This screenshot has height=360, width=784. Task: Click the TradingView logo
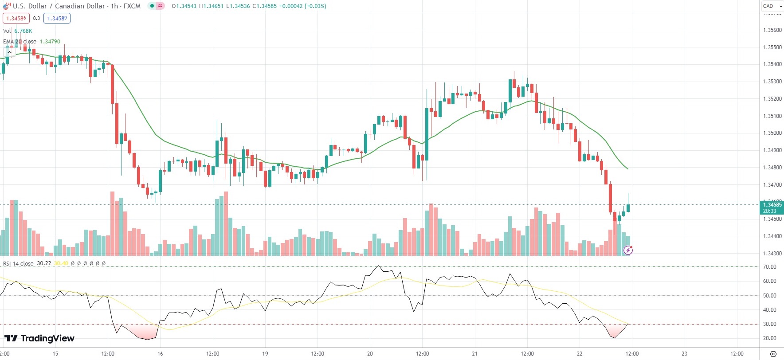39,338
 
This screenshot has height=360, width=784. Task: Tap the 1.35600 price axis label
772,30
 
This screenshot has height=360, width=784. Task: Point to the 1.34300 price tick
772,254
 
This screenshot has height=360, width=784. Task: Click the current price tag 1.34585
772,205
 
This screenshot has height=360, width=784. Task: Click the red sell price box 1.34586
16,18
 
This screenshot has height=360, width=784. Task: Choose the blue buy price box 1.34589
57,18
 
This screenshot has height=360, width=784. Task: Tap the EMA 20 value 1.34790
50,42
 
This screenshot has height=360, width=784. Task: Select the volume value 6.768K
23,31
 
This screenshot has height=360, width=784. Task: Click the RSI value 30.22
44,263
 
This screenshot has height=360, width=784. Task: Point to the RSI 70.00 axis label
769,267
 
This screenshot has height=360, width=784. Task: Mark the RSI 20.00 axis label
769,338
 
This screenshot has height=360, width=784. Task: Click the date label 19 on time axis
265,354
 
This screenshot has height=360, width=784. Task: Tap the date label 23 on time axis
684,354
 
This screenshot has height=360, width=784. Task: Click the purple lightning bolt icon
628,250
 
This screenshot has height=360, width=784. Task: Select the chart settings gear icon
773,354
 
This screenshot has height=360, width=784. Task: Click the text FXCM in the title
132,6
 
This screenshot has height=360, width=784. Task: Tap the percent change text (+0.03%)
315,6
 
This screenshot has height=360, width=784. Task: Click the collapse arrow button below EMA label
9,52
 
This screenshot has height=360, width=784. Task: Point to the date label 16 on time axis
160,354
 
